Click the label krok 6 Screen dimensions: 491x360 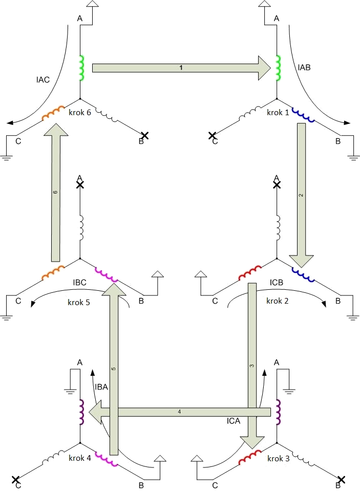pos(79,113)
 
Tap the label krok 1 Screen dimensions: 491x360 pos(278,113)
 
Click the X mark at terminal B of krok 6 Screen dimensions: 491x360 pos(145,135)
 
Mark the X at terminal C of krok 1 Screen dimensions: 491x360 pos(212,136)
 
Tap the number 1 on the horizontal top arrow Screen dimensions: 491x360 pos(181,68)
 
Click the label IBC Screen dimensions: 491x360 pos(80,282)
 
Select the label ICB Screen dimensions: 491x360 pos(277,282)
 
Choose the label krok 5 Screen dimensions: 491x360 pos(78,302)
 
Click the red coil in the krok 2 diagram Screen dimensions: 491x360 pos(250,273)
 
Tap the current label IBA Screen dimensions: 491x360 pos(101,388)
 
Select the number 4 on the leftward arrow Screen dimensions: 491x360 pos(179,412)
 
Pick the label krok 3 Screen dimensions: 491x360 pos(278,458)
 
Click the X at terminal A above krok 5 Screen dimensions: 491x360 pos(80,184)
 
